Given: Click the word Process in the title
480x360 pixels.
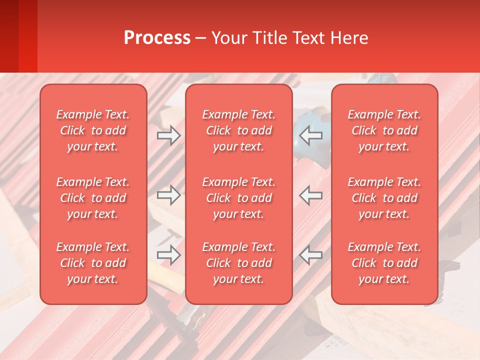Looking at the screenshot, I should click(157, 38).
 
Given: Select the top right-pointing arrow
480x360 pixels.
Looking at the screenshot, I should click(169, 135).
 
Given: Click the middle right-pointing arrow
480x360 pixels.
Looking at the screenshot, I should click(169, 195).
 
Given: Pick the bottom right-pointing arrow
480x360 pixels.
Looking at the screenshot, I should click(169, 254).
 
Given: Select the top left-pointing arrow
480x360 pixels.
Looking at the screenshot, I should click(311, 135).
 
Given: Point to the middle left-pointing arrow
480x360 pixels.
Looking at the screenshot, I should click(311, 195).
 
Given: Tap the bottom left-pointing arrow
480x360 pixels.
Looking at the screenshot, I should click(311, 254).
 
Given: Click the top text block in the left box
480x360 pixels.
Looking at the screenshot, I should click(93, 130).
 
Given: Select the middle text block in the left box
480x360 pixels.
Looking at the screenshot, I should click(93, 198).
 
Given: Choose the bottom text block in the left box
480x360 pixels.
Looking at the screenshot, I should click(93, 263).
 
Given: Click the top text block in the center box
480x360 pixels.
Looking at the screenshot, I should click(239, 130).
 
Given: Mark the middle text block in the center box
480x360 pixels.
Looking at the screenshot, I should click(239, 198).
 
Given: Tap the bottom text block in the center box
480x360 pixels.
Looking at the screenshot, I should click(239, 263).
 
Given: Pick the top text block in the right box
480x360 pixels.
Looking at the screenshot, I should click(384, 130).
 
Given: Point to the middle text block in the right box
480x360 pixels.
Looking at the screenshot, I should click(384, 198).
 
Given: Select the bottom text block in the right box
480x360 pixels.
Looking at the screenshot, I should click(384, 263).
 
